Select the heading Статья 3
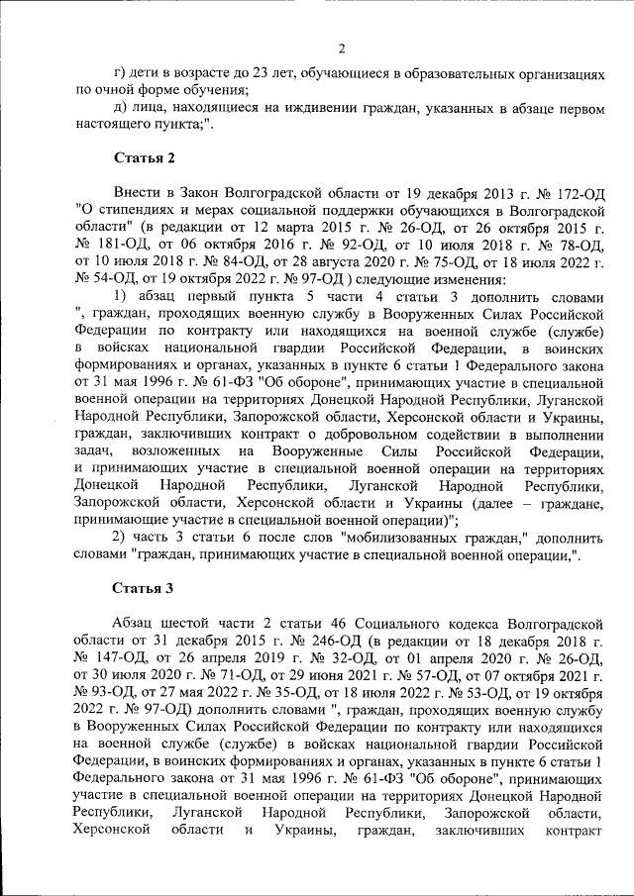(x=143, y=587)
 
